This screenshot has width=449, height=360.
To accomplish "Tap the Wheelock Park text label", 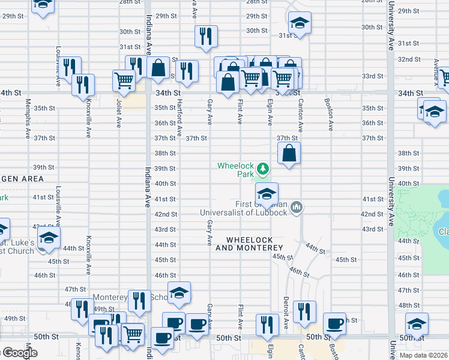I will [235, 170].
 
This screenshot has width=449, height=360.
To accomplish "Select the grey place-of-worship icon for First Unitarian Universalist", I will [296, 208].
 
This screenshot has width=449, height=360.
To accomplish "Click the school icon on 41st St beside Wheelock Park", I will [267, 193].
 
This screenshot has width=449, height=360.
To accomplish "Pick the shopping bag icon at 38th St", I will [289, 153].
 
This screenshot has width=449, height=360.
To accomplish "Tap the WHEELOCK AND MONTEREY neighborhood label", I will [249, 244].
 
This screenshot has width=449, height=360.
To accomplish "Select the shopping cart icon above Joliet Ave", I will [124, 80].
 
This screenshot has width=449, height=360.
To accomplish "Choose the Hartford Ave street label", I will [179, 116].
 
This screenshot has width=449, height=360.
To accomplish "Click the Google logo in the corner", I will [19, 353].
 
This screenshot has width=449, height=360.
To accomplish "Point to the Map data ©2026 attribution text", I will [423, 355].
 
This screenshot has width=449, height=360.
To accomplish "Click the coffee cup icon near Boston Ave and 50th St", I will [334, 324].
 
